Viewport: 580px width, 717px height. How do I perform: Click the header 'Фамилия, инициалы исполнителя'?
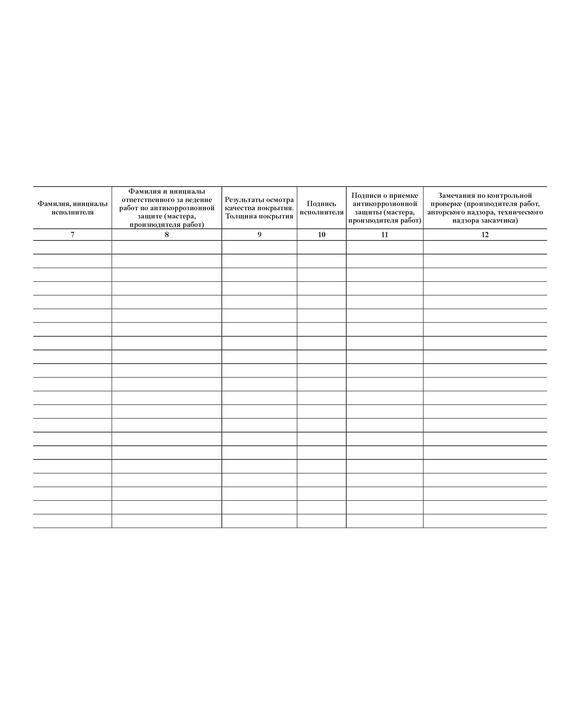tap(72, 208)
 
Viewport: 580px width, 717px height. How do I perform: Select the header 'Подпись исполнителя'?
tap(321, 208)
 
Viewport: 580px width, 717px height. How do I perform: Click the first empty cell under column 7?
tap(72, 248)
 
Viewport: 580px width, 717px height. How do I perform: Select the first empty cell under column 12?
tap(485, 248)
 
